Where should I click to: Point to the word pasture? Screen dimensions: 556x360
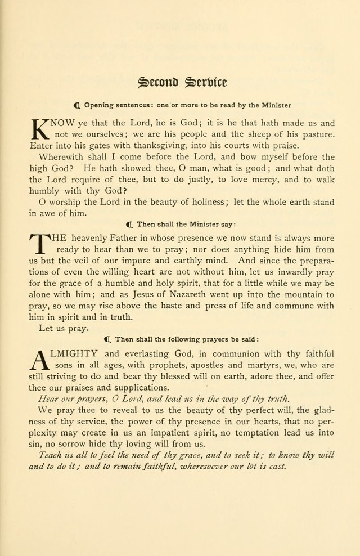318,134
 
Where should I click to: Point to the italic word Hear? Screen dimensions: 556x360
49,398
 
